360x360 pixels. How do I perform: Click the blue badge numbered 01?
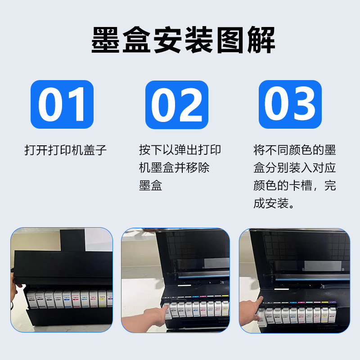(x=62, y=104)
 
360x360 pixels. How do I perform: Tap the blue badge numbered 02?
(x=177, y=104)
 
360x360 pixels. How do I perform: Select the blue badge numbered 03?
(x=290, y=104)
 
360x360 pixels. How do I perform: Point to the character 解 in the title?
(x=260, y=40)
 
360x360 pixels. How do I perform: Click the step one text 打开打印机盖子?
(x=66, y=150)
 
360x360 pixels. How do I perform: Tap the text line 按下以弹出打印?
(x=180, y=150)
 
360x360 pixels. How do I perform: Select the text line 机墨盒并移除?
(x=174, y=168)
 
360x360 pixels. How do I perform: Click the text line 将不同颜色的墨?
(x=295, y=150)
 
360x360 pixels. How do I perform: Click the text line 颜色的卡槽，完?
(x=295, y=185)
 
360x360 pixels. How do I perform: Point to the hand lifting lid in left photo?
(x=14, y=288)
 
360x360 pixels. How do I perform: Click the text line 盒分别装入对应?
(x=295, y=168)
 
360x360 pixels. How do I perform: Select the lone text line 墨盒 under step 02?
(x=151, y=185)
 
